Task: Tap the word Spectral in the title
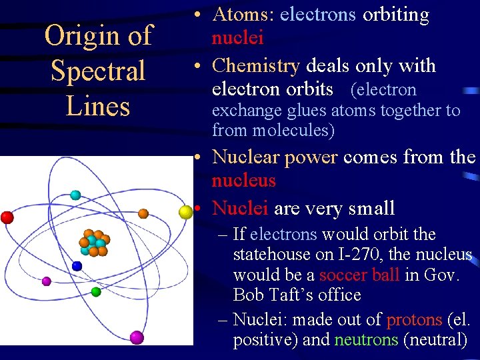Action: coord(98,71)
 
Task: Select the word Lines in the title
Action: coord(98,106)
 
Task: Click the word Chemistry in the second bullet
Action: coord(255,66)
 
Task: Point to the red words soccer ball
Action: coord(359,275)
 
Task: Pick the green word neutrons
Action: coord(367,339)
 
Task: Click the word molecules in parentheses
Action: coord(291,131)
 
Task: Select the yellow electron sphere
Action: coord(186,212)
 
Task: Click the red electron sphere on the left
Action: coord(7,217)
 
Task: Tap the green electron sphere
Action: coord(96,291)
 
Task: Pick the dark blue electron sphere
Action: coord(77,266)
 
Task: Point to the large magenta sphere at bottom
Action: coord(137,337)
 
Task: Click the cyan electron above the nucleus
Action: coord(75,195)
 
